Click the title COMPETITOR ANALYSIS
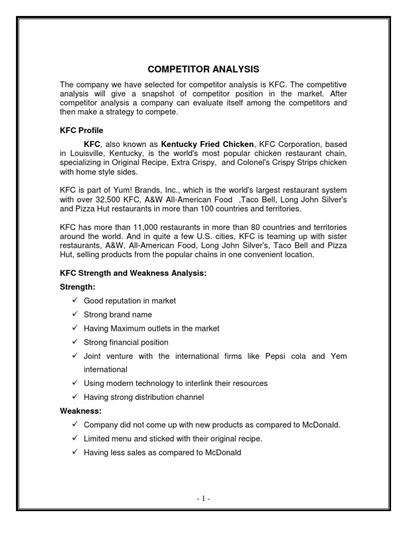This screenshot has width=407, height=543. click(x=203, y=69)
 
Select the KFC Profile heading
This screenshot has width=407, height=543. click(x=81, y=130)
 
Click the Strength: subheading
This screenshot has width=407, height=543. click(x=77, y=287)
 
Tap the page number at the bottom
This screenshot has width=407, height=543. click(x=203, y=499)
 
